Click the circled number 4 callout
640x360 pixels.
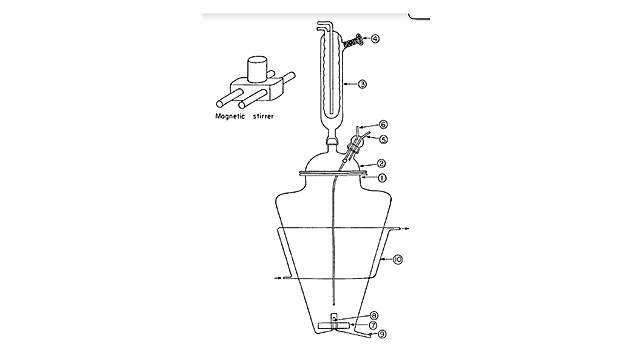375,39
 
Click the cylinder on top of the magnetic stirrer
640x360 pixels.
255,69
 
